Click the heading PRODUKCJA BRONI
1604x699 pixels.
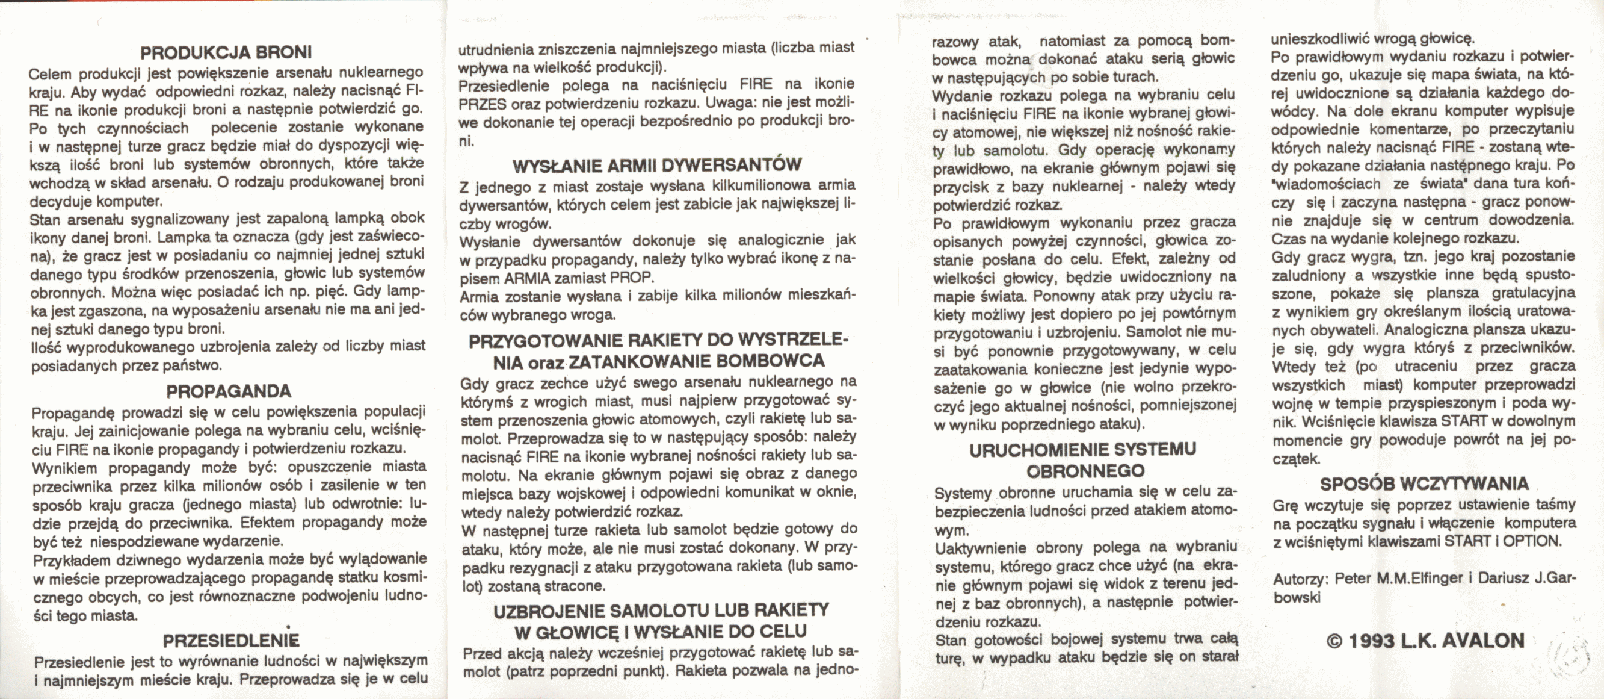(226, 52)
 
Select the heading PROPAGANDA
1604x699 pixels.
(229, 391)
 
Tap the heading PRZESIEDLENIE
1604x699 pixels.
(231, 641)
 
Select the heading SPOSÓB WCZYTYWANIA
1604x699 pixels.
(1424, 483)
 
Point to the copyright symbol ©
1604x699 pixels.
(1334, 641)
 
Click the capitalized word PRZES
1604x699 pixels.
(482, 104)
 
